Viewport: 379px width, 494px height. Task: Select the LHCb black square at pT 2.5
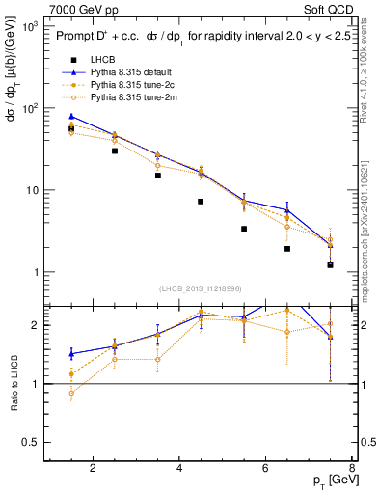(x=115, y=151)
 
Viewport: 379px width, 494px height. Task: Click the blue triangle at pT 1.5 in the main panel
(x=71, y=116)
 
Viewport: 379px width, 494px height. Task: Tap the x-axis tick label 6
(x=266, y=469)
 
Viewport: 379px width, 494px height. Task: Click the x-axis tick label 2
(x=93, y=469)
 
